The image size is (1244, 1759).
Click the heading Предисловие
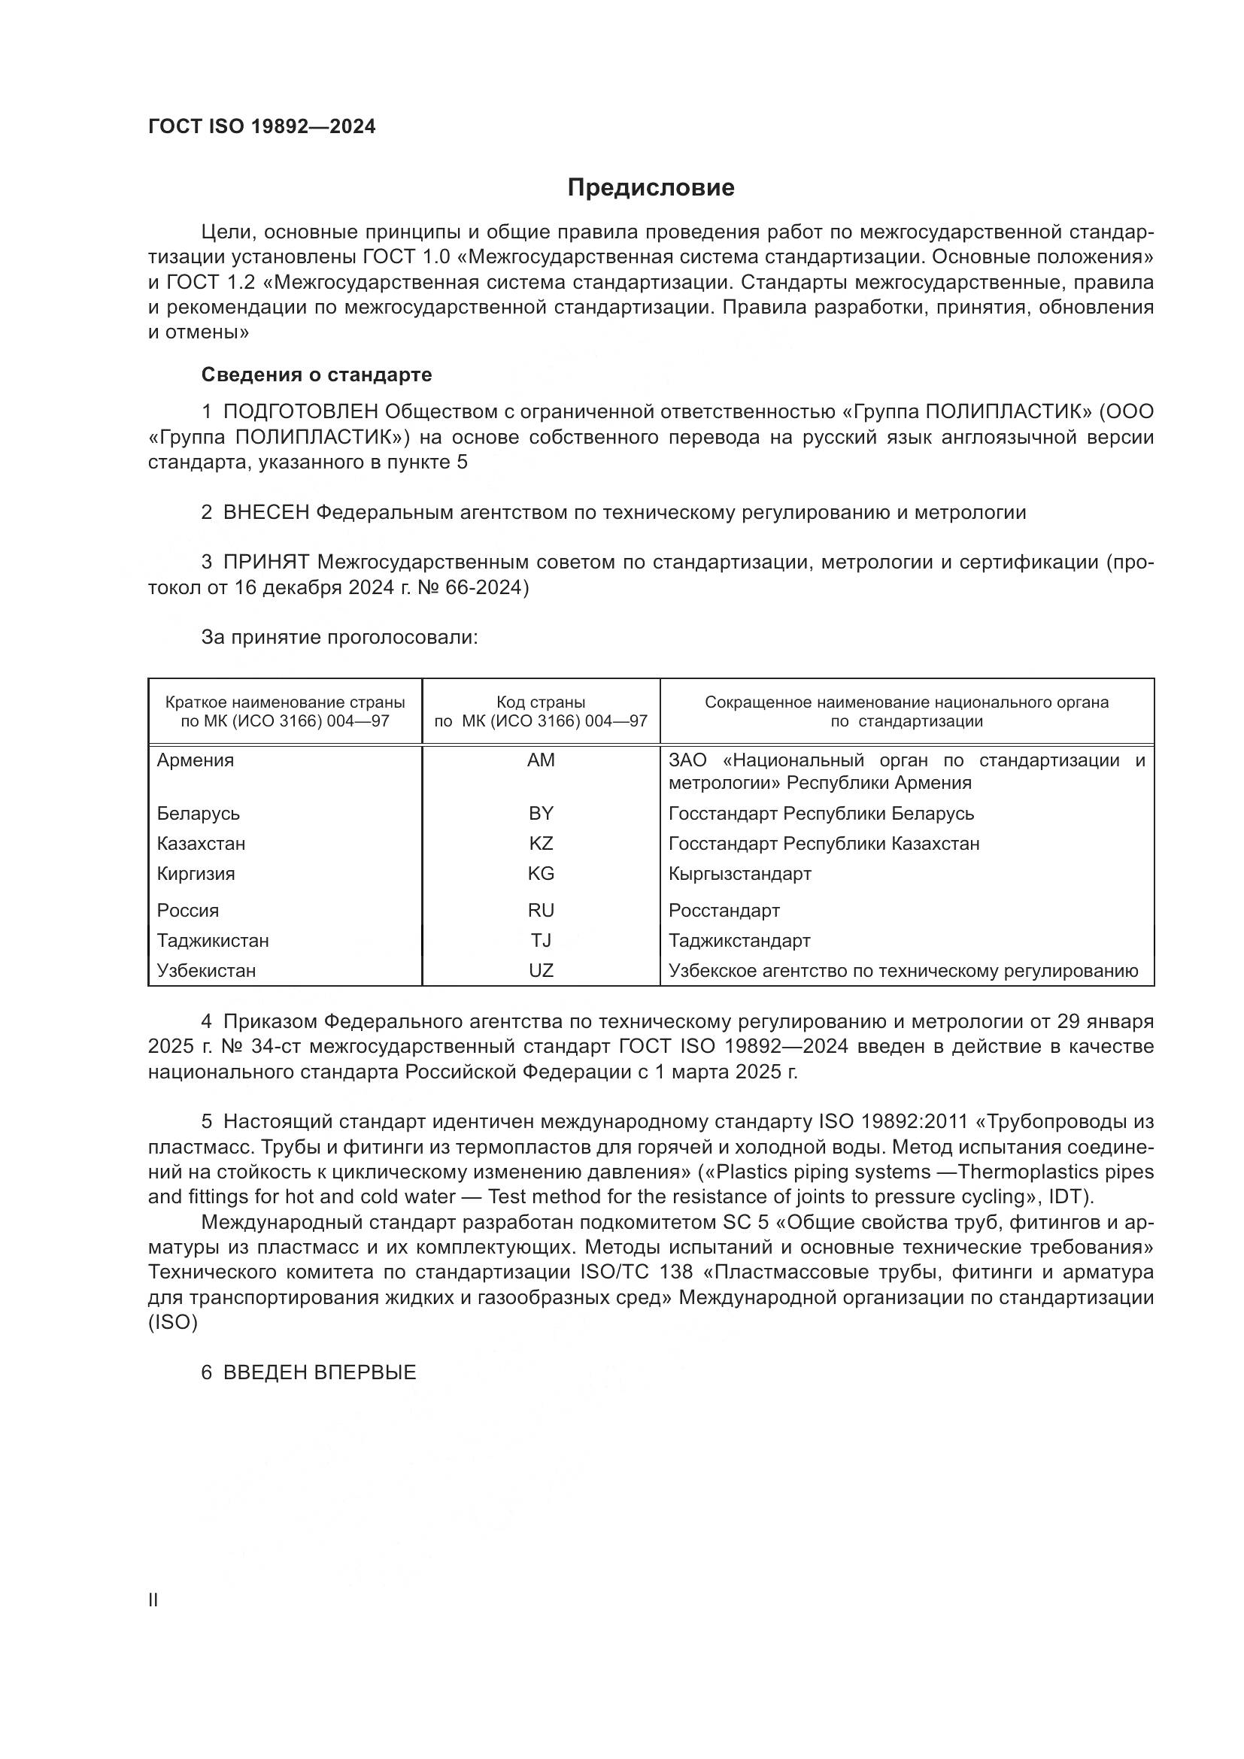click(x=651, y=188)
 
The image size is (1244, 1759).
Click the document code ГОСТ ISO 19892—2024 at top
click(x=262, y=127)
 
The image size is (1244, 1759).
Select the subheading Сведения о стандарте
click(x=317, y=375)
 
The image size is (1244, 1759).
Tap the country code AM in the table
click(x=541, y=761)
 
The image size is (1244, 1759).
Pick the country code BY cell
click(x=541, y=814)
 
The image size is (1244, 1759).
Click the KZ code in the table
click(x=541, y=844)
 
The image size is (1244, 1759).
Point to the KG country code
click(x=541, y=873)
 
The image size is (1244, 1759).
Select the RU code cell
click(x=541, y=910)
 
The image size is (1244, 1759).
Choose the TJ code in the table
click(x=541, y=940)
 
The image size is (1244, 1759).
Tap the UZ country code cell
click(x=541, y=971)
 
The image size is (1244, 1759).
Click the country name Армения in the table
click(x=196, y=761)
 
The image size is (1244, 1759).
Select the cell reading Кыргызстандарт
click(x=739, y=873)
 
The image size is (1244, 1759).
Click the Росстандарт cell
click(x=724, y=910)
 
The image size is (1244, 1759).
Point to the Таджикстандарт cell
click(x=739, y=940)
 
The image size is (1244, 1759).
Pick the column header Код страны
click(x=541, y=702)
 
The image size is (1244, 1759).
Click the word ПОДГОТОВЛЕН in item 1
click(x=300, y=412)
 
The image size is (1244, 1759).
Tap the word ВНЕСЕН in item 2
click(x=265, y=513)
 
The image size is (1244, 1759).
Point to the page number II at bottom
click(x=153, y=1600)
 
